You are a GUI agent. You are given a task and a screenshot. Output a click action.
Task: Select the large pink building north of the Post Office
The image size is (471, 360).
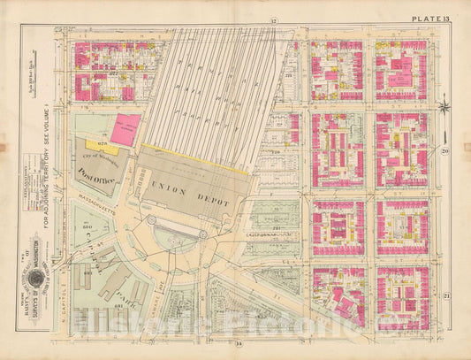(x=126, y=126)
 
